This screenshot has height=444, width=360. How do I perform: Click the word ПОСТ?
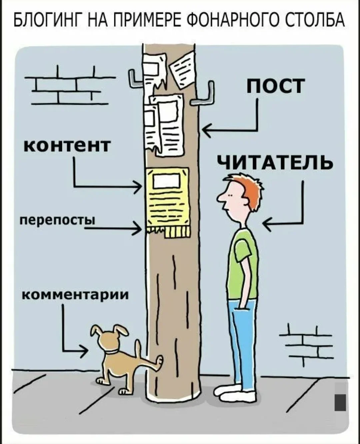276,86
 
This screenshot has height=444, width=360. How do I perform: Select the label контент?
67,145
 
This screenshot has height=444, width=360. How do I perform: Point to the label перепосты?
57,220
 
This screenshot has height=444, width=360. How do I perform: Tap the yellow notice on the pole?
167,197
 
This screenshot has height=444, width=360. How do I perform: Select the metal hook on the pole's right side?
205,95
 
